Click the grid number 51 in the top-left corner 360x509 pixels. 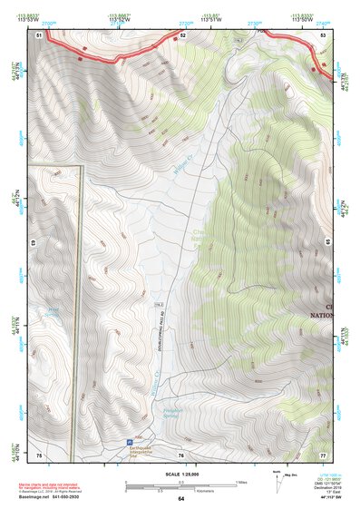tap(39, 34)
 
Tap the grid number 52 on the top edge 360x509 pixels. tap(182, 34)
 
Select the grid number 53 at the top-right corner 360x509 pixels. tap(325, 34)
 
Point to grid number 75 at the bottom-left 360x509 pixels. tap(39, 454)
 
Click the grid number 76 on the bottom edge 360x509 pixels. tap(181, 454)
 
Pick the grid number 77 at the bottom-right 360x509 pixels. tap(324, 454)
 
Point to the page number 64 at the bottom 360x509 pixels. tap(181, 499)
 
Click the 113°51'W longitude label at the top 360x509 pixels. tap(213, 17)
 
